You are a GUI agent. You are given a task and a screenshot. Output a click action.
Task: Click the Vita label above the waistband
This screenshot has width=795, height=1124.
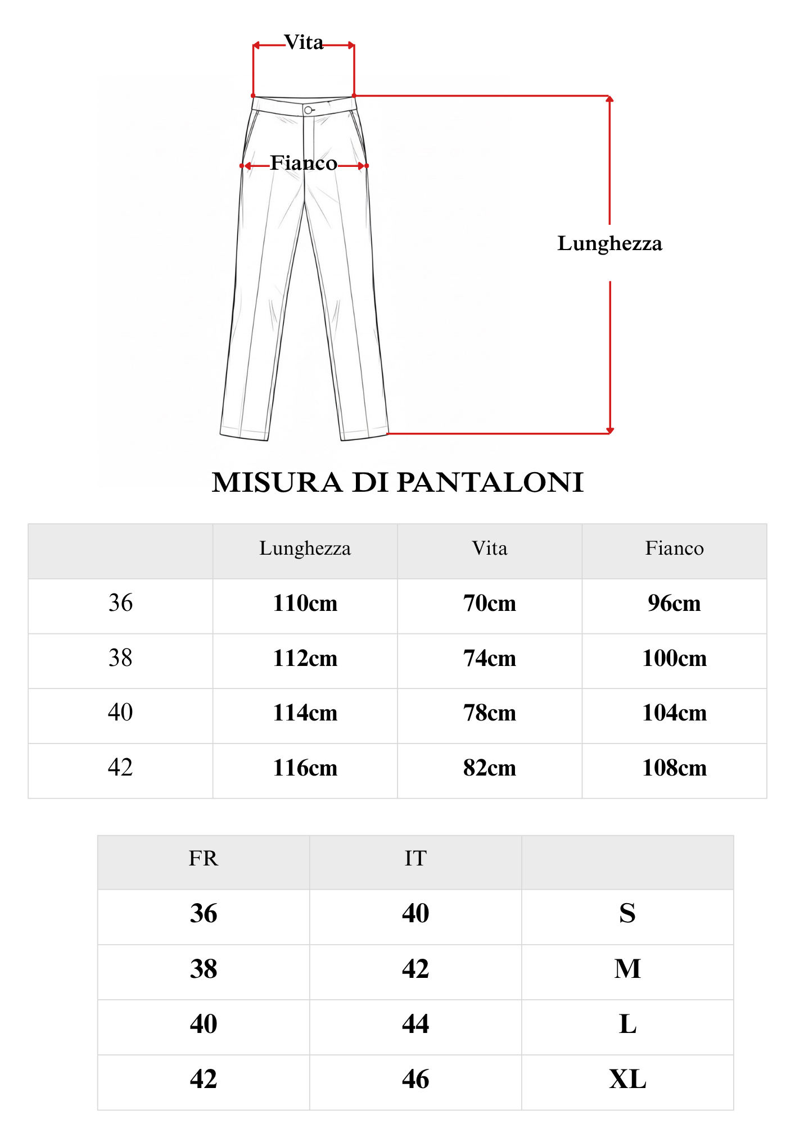pos(304,43)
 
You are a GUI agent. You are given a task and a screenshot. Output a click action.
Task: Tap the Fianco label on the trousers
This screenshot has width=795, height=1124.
pos(304,163)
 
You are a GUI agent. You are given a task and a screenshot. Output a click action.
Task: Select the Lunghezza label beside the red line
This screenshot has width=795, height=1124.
pos(609,243)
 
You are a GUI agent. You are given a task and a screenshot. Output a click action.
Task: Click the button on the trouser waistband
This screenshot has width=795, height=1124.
pos(308,110)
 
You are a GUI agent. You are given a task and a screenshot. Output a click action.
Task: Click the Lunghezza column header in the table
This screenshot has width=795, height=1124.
pos(305,549)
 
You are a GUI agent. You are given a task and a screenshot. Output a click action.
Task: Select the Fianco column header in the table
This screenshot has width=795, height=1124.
pos(674,549)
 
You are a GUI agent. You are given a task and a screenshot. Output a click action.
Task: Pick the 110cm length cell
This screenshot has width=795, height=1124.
pos(305,604)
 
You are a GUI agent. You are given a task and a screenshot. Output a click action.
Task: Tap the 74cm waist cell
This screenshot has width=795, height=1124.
pos(489,658)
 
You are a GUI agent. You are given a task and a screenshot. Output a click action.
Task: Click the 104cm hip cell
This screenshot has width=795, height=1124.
pos(674,713)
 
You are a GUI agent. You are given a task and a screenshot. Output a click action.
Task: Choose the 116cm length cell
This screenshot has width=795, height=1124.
pos(305,768)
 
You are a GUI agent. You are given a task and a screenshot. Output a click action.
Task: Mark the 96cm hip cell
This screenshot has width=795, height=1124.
pos(674,604)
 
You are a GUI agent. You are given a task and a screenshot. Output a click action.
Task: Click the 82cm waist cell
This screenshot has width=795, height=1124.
pos(489,768)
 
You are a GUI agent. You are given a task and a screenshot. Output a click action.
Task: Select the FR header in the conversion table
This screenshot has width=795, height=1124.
pos(203,859)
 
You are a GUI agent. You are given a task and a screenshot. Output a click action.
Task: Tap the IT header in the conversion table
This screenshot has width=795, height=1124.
pos(415,859)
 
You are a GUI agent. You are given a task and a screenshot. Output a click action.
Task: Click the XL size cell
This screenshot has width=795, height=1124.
pos(627,1080)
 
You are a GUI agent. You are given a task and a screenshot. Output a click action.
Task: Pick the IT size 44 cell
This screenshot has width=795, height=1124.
pos(415,1024)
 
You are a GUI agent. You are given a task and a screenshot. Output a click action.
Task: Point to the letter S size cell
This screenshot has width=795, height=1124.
pos(627,913)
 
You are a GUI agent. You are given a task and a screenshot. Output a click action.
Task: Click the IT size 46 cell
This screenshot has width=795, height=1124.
pos(415,1080)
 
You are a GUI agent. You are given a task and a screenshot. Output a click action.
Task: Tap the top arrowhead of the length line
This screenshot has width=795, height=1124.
pos(609,99)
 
